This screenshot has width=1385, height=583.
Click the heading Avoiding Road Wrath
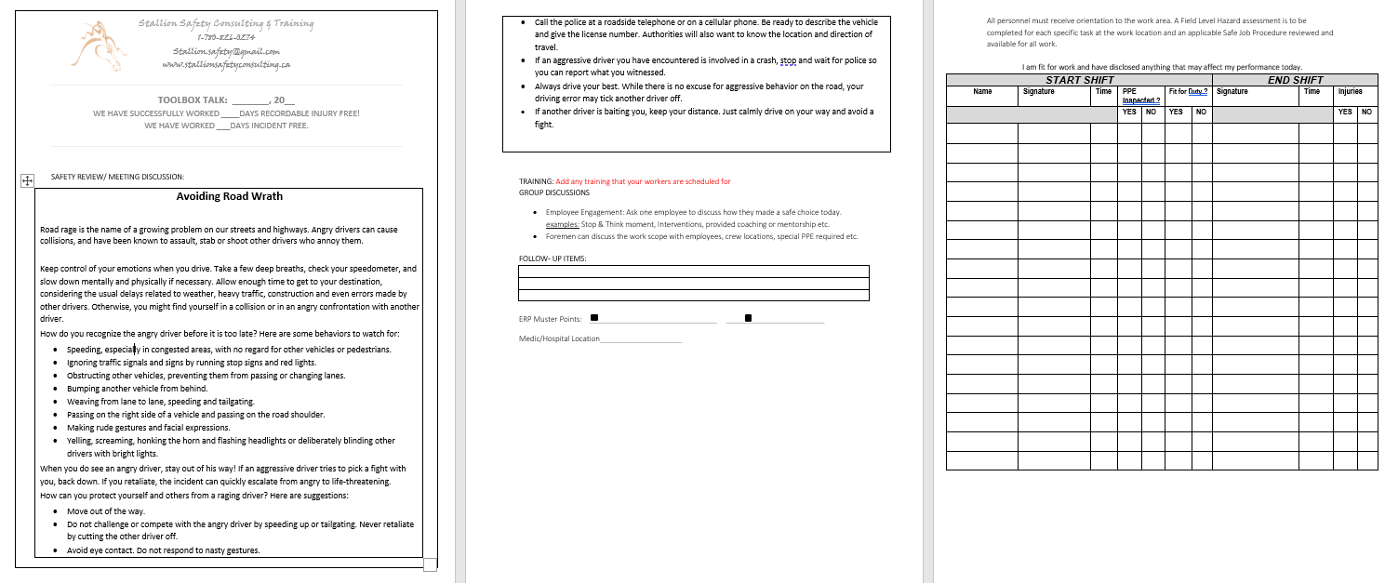click(x=229, y=196)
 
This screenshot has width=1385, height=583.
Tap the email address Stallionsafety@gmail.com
click(x=226, y=51)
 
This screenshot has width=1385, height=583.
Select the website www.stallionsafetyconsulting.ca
click(x=226, y=65)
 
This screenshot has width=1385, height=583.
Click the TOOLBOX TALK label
click(x=193, y=99)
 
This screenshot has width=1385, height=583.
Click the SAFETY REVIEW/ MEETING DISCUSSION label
click(x=117, y=176)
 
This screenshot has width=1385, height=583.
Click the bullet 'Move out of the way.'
click(x=105, y=511)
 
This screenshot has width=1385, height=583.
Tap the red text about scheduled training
click(x=643, y=181)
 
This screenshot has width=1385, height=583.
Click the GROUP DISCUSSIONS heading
click(x=553, y=192)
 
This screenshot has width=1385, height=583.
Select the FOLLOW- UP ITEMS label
click(x=553, y=258)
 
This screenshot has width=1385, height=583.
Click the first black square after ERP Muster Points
click(x=594, y=318)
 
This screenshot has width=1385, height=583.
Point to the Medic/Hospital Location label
click(x=559, y=338)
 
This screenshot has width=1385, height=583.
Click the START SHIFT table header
click(x=1080, y=81)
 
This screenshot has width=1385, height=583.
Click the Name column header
click(x=981, y=92)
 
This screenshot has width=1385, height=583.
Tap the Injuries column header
click(x=1351, y=92)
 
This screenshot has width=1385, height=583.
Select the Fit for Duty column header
click(x=1188, y=92)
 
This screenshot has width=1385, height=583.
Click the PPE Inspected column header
click(x=1140, y=96)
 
